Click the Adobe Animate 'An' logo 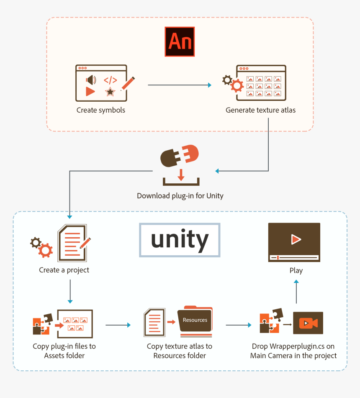pyautogui.click(x=180, y=41)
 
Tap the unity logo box pyautogui.click(x=180, y=240)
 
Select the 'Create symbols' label pyautogui.click(x=100, y=110)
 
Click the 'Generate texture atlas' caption pyautogui.click(x=260, y=110)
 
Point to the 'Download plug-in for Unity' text pyautogui.click(x=180, y=196)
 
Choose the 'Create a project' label pyautogui.click(x=64, y=270)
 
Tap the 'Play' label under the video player pyautogui.click(x=296, y=271)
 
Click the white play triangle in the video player pyautogui.click(x=296, y=239)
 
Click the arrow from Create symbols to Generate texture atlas pyautogui.click(x=180, y=85)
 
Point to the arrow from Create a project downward pyautogui.click(x=70, y=291)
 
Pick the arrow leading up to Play pyautogui.click(x=296, y=292)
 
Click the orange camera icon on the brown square pyautogui.click(x=308, y=323)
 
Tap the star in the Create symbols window pyautogui.click(x=110, y=92)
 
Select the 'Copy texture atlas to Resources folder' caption pyautogui.click(x=180, y=351)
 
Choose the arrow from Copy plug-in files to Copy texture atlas pyautogui.click(x=118, y=325)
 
